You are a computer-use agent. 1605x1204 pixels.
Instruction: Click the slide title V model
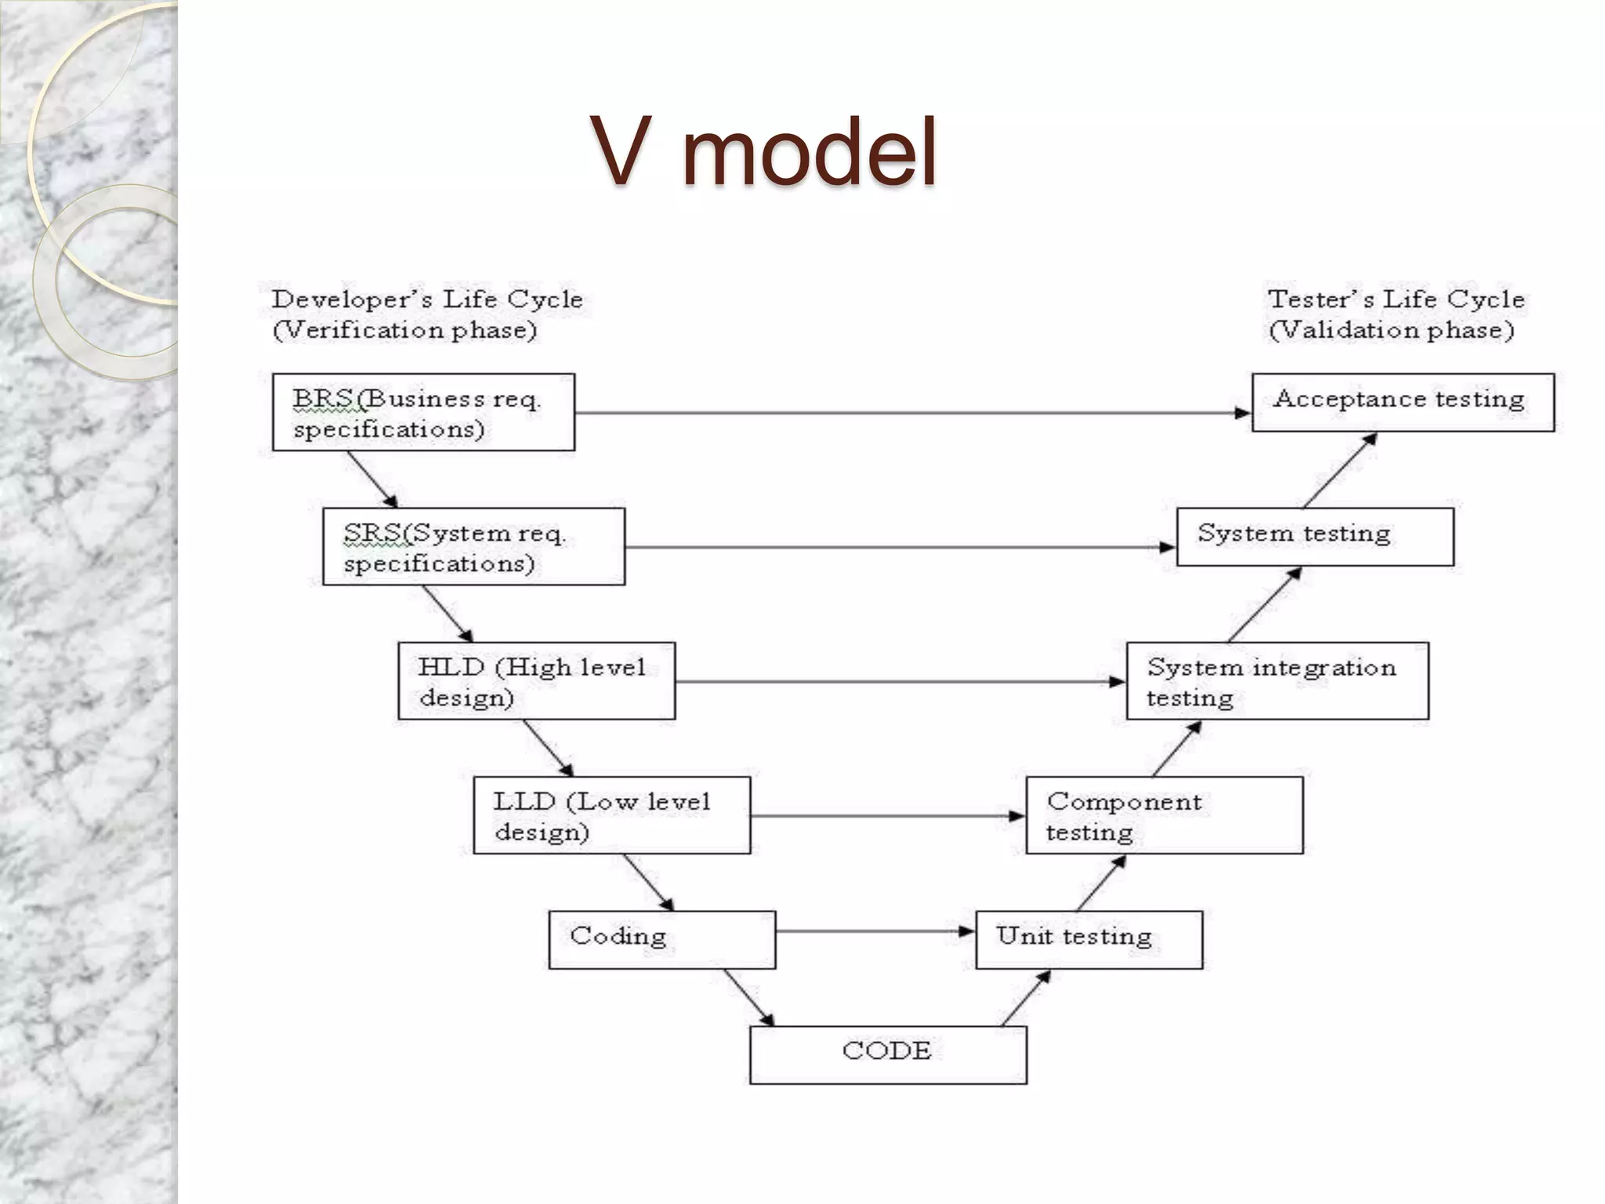[x=763, y=152]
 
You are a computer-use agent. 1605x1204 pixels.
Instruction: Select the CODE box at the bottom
[x=887, y=1054]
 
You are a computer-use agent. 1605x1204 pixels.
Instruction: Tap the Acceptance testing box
[x=1402, y=402]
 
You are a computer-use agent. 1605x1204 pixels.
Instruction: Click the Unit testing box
[x=1089, y=939]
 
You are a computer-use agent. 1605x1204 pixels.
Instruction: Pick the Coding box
[x=661, y=939]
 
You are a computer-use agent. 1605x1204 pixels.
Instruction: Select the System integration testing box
[x=1277, y=680]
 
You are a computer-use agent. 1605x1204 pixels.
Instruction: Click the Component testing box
[x=1164, y=815]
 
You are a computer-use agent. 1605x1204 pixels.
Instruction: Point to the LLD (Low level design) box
[x=611, y=815]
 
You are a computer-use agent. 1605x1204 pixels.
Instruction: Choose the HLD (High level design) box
[x=536, y=680]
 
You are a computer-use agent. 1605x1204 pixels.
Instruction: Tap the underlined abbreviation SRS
[x=372, y=533]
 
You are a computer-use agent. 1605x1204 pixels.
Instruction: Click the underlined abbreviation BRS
[x=323, y=399]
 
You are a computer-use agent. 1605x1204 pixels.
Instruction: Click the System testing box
[x=1314, y=536]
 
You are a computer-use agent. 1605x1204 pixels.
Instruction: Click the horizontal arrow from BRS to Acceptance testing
[x=909, y=412]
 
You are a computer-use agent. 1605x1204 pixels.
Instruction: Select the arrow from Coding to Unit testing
[x=874, y=931]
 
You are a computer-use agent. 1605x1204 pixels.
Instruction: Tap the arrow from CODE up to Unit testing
[x=1026, y=998]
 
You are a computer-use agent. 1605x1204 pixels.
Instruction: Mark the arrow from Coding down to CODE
[x=748, y=997]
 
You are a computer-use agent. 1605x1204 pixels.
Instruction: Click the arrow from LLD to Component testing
[x=886, y=816]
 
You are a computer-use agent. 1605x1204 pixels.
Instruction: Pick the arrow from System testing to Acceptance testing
[x=1339, y=470]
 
